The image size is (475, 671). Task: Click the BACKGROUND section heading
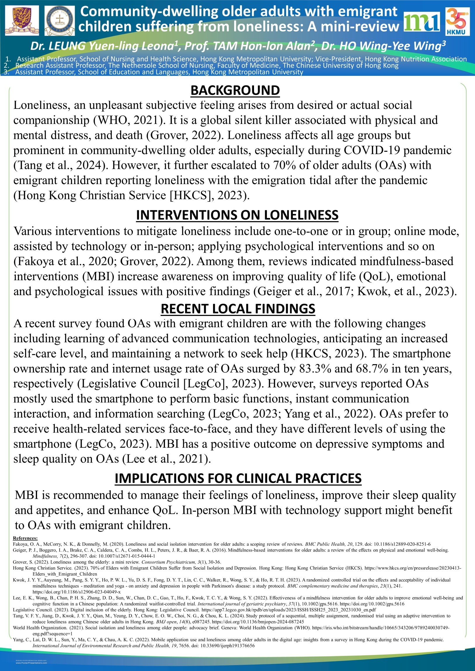(x=235, y=90)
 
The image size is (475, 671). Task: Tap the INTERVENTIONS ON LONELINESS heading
(x=237, y=215)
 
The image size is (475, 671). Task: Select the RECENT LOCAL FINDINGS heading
(x=238, y=309)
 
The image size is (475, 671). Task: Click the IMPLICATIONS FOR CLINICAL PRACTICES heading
(x=238, y=478)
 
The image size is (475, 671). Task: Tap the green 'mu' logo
(x=421, y=22)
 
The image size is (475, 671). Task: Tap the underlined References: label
(x=25, y=538)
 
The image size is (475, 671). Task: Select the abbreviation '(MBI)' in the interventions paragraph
(x=98, y=277)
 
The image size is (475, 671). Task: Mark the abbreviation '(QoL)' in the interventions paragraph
(x=376, y=277)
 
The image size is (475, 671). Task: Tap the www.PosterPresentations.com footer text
(x=31, y=663)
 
